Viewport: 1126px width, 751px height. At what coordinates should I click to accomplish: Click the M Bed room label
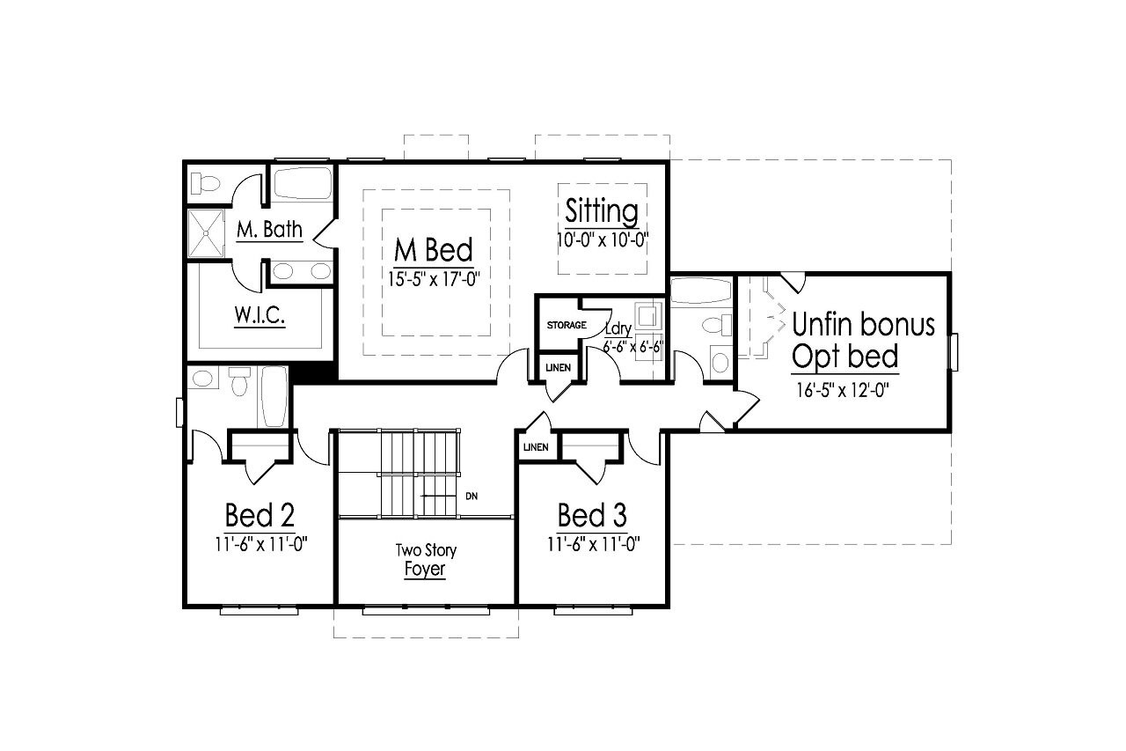pyautogui.click(x=433, y=250)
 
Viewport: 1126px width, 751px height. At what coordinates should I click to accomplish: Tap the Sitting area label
pyautogui.click(x=602, y=211)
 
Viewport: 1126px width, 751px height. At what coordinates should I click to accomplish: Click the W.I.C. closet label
pyautogui.click(x=259, y=316)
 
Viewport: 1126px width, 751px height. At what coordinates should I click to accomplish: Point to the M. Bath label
pyautogui.click(x=269, y=231)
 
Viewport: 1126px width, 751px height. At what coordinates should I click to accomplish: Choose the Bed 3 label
pyautogui.click(x=592, y=515)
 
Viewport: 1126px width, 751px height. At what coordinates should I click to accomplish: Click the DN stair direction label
pyautogui.click(x=472, y=497)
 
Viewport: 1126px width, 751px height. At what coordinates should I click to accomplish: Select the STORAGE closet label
pyautogui.click(x=567, y=326)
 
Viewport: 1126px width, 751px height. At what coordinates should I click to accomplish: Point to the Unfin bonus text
pyautogui.click(x=863, y=324)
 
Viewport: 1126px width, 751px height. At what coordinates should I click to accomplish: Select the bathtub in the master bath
pyautogui.click(x=302, y=184)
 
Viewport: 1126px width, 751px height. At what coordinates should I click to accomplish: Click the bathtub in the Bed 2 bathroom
pyautogui.click(x=274, y=396)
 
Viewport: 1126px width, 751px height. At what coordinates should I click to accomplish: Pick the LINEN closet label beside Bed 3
pyautogui.click(x=536, y=447)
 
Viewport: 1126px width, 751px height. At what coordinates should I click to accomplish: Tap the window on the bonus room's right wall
pyautogui.click(x=954, y=350)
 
